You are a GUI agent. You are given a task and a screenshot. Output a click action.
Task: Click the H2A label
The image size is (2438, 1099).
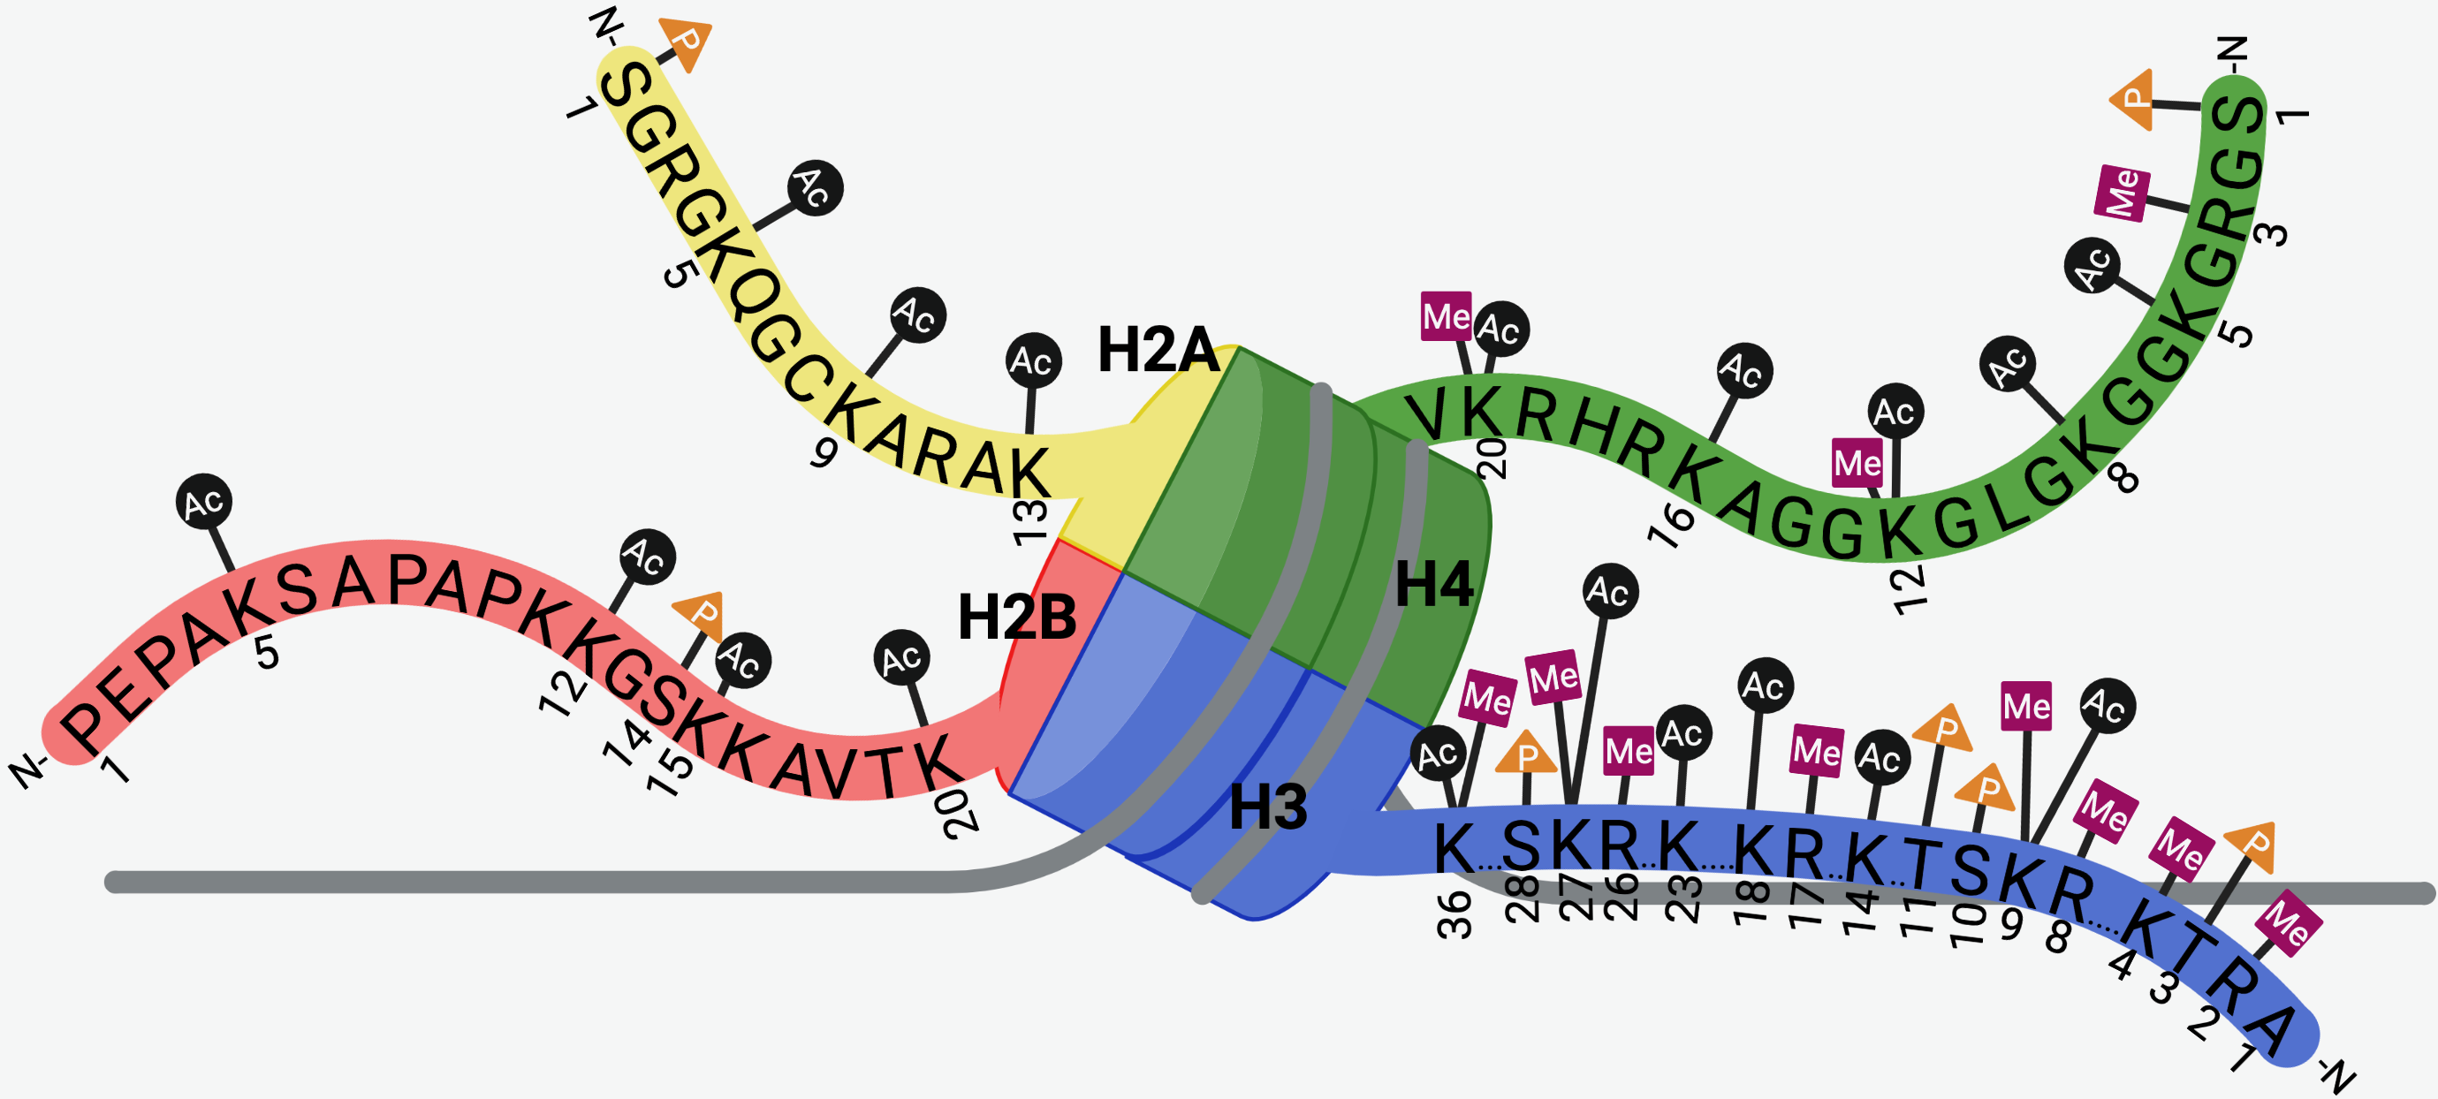[1158, 350]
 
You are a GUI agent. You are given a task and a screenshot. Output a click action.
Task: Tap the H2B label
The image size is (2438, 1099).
[1016, 618]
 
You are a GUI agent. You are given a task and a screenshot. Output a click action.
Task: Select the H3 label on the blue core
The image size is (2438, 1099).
[1267, 807]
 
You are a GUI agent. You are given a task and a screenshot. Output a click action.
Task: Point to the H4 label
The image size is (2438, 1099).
[1434, 584]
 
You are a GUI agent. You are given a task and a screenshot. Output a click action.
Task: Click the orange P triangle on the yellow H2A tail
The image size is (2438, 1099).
[687, 42]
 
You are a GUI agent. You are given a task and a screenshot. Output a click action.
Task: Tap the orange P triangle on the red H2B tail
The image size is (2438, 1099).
[702, 613]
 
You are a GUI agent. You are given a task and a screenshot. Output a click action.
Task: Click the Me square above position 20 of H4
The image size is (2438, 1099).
[1447, 316]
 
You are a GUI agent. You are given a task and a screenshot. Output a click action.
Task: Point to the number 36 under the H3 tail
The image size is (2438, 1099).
[1454, 914]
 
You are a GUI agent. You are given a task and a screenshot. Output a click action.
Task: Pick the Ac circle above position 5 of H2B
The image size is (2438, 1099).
[204, 503]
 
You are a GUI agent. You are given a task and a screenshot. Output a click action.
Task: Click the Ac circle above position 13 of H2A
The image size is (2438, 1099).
[1033, 360]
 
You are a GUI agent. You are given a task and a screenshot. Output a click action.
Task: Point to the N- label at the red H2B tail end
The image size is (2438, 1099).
[28, 770]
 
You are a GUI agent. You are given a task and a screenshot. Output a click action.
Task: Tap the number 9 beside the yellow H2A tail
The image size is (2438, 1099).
[824, 452]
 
